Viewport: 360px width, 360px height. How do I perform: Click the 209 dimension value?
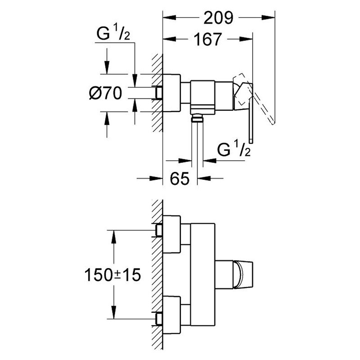[218, 18]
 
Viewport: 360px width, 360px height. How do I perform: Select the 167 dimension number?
[208, 39]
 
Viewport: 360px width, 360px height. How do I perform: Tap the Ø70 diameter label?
[106, 94]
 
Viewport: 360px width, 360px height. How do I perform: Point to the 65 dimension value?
[180, 178]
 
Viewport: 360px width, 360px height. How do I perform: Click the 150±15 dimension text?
[112, 275]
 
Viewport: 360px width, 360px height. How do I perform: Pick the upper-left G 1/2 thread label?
[113, 33]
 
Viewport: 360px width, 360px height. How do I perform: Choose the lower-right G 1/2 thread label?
[234, 149]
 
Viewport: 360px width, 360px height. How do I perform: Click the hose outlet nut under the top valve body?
[197, 119]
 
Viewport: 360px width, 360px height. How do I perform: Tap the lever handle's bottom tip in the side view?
[251, 143]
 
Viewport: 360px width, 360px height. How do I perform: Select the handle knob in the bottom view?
[243, 274]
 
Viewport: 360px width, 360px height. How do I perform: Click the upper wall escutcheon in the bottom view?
[171, 234]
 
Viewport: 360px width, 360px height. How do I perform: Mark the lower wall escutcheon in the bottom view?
[171, 315]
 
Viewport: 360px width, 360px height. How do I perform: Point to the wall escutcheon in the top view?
[171, 93]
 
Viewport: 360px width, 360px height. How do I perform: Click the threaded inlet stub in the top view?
[159, 93]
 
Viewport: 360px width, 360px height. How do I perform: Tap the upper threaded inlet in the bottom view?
[159, 230]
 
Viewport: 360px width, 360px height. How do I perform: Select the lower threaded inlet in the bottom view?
[159, 319]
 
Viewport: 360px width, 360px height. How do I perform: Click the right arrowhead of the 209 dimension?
[268, 18]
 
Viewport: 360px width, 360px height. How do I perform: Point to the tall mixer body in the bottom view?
[203, 274]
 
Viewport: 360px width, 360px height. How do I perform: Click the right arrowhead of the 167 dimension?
[246, 39]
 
